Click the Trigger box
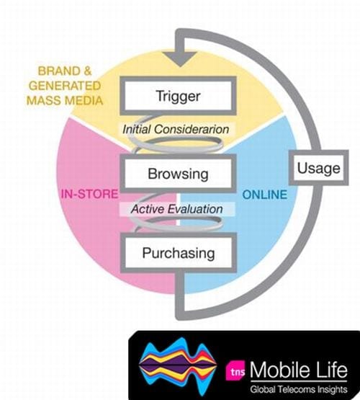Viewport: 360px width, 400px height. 178,96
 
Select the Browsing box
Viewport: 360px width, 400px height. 178,174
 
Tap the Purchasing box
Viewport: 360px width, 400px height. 178,253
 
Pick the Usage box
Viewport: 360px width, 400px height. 318,168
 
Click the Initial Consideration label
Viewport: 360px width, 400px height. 176,129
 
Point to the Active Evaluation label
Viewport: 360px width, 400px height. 177,209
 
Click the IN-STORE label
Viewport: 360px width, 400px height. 90,194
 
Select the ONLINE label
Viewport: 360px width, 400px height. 265,195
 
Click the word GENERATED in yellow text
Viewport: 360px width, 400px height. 65,86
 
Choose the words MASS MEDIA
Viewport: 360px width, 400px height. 65,100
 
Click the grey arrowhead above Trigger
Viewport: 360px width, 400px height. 180,58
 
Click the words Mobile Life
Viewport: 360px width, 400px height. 299,370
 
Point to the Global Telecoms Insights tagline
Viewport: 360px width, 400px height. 299,389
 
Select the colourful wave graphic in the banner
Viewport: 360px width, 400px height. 178,366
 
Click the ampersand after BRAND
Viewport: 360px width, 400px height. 87,71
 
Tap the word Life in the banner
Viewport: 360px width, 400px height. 333,370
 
